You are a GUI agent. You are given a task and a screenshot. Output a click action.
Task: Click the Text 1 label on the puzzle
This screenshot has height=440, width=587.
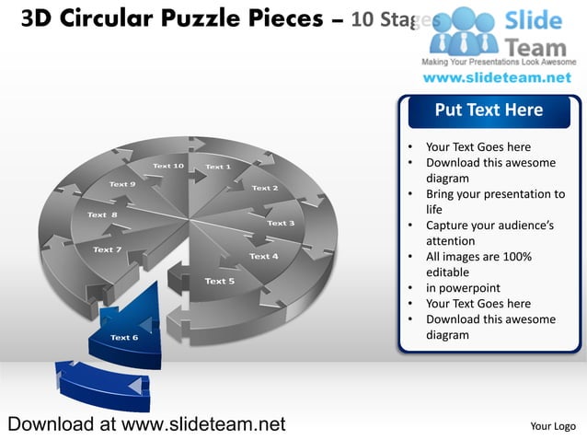(217, 167)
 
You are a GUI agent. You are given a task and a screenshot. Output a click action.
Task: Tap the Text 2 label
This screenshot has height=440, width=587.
(264, 188)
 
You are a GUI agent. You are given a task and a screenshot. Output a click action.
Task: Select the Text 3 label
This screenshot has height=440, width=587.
(281, 223)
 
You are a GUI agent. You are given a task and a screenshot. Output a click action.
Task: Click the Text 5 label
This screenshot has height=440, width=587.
(219, 281)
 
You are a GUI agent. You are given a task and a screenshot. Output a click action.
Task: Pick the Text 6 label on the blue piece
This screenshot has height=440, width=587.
(124, 337)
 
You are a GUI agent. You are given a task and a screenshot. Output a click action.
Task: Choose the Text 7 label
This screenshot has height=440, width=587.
(108, 249)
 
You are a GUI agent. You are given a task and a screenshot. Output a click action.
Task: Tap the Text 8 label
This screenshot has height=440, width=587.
(102, 214)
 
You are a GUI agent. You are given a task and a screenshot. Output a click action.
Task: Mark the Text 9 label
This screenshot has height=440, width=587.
(122, 184)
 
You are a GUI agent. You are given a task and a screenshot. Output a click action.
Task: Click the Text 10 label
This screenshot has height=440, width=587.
(168, 166)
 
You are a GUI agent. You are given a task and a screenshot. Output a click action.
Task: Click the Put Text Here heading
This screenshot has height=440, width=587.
(489, 110)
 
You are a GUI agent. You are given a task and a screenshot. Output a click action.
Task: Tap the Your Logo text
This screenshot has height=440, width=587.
(553, 426)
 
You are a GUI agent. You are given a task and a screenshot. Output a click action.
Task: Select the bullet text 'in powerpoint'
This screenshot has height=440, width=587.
(463, 288)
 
